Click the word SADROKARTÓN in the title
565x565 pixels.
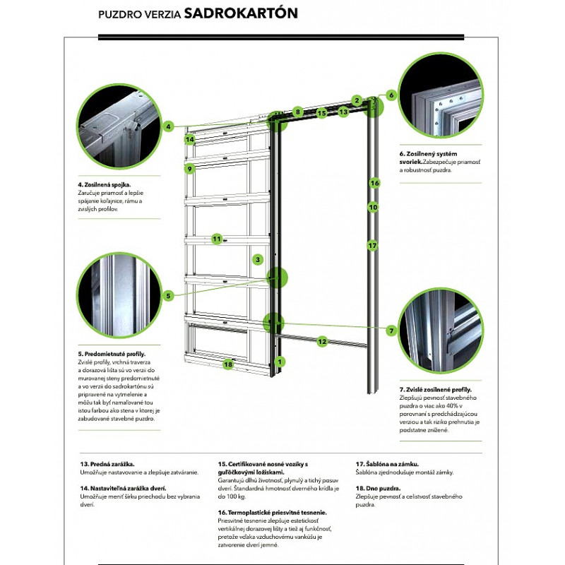pos(240,13)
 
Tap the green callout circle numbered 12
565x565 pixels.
pos(322,342)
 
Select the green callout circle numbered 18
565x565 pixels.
pos(227,364)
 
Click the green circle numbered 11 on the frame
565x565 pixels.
pos(217,239)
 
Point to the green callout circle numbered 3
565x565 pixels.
pos(259,260)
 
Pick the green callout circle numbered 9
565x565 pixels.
pos(189,169)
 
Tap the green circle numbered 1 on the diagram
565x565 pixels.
pos(280,362)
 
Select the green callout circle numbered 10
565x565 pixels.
pos(374,207)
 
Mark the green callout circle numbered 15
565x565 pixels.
pos(321,112)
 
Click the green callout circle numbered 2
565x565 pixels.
pos(357,100)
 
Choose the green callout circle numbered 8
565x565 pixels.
pos(298,112)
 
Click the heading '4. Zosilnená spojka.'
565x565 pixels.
pos(105,185)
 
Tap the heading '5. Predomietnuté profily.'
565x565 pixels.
pos(110,353)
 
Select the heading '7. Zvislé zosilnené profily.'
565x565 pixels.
pos(436,389)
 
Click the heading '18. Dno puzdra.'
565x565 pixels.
pos(378,489)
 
